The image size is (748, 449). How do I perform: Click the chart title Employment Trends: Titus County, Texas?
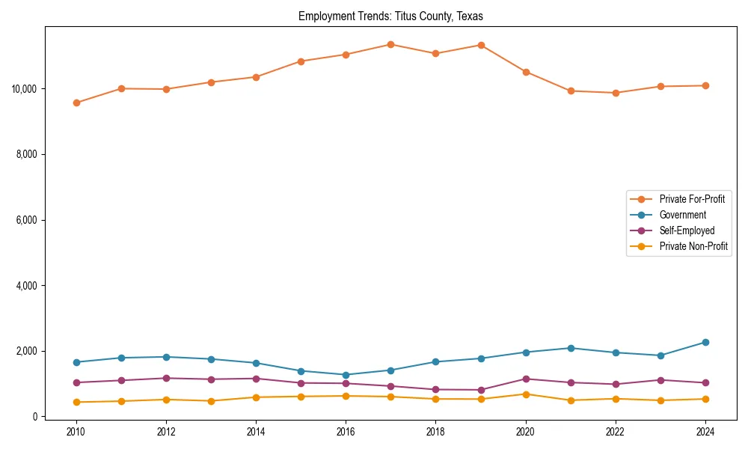click(x=390, y=16)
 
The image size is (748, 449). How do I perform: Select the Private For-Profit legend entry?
click(x=692, y=199)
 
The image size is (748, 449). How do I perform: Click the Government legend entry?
click(x=682, y=215)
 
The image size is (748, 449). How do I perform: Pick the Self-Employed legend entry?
click(x=687, y=230)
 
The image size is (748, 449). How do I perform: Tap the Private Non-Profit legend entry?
click(x=693, y=246)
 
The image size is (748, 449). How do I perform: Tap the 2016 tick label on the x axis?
click(x=346, y=431)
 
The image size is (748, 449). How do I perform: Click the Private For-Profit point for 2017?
click(x=390, y=44)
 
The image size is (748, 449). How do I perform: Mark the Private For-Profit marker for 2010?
click(x=76, y=103)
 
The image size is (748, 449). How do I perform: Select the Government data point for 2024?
click(x=705, y=342)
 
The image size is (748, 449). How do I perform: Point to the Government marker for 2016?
click(x=346, y=375)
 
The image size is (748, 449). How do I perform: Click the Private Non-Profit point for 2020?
click(x=526, y=394)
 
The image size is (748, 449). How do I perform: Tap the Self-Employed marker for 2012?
click(x=166, y=378)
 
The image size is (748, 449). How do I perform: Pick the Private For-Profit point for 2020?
click(x=526, y=72)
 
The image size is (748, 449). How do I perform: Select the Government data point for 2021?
click(x=571, y=348)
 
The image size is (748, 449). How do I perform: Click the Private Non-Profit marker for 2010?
click(x=76, y=402)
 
